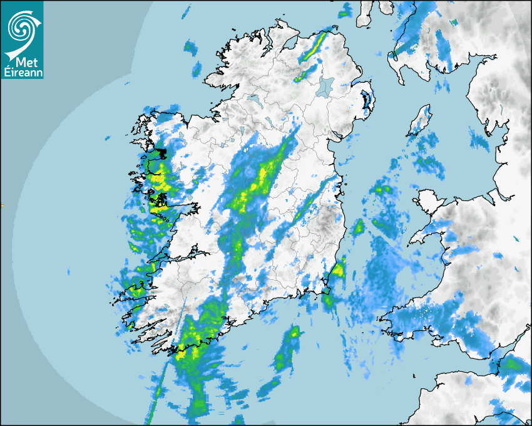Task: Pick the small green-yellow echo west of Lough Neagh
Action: point(301,75)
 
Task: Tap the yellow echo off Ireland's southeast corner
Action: point(338,271)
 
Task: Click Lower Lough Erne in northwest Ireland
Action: point(253,98)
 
